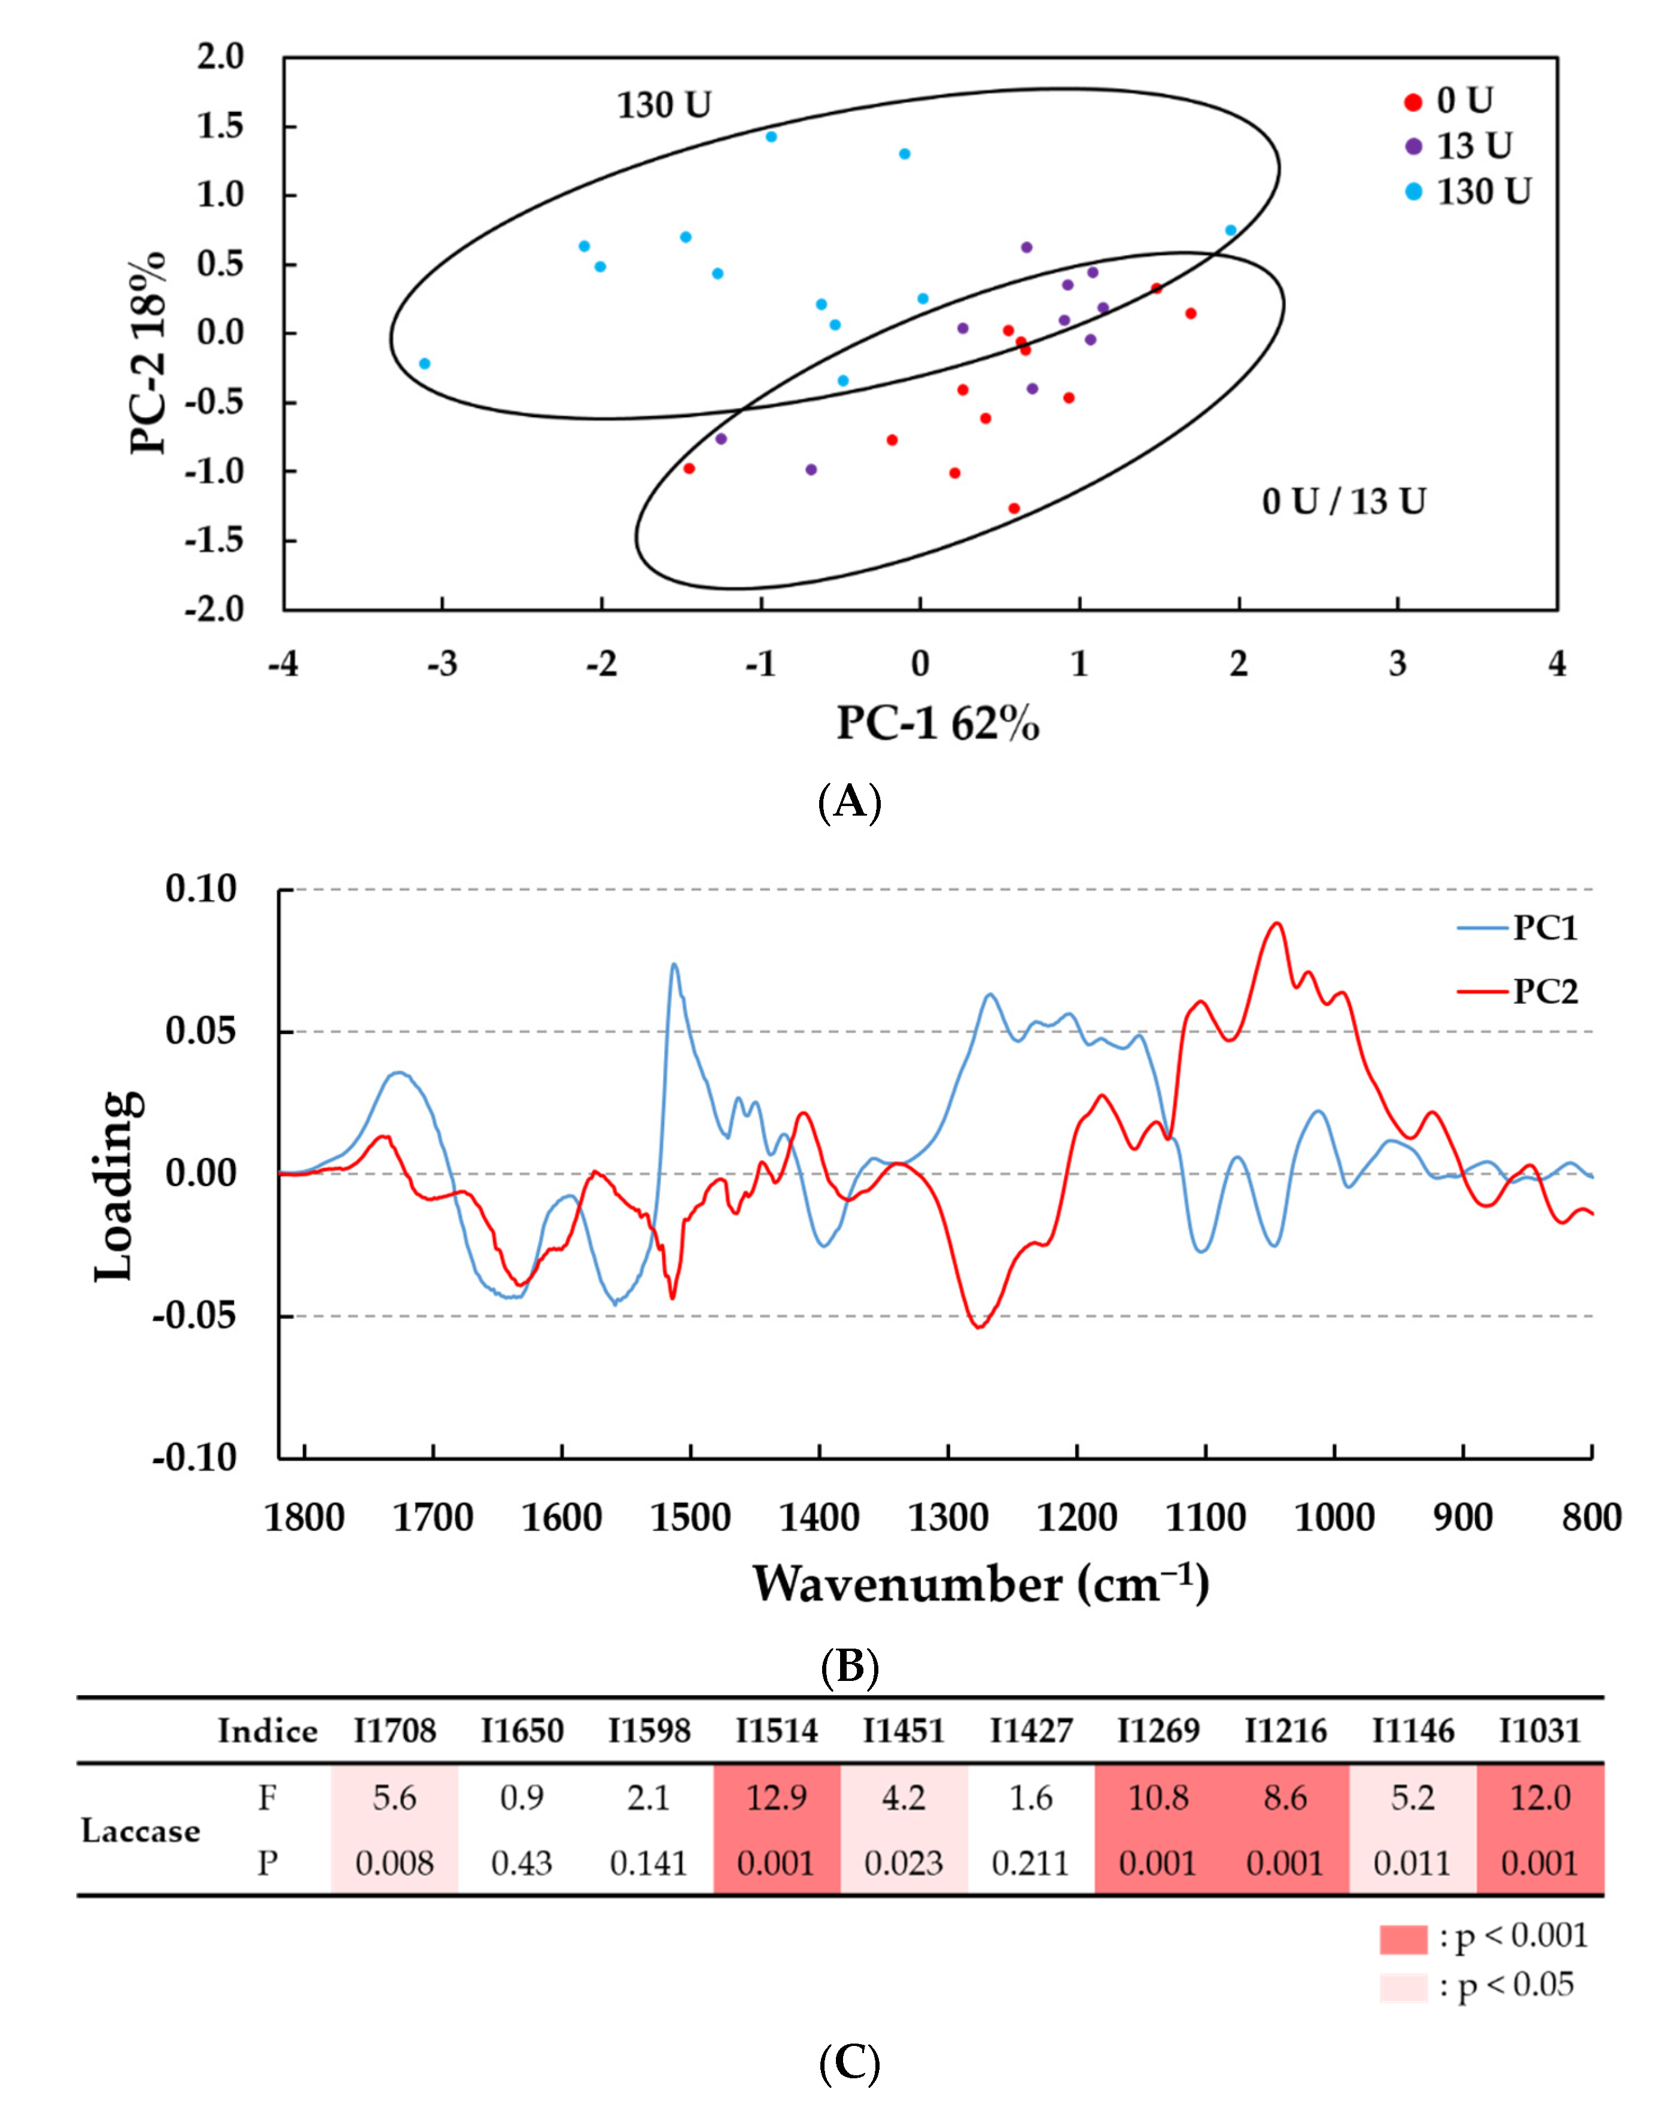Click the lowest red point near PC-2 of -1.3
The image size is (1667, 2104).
coord(1014,509)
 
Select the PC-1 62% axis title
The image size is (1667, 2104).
coord(938,724)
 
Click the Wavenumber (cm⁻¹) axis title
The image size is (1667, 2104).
coord(980,1584)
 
